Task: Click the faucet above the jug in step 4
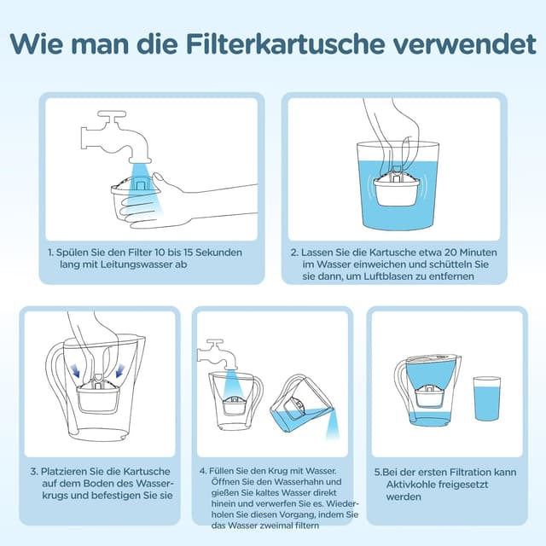[x=213, y=350]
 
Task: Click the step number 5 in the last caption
[x=377, y=472]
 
